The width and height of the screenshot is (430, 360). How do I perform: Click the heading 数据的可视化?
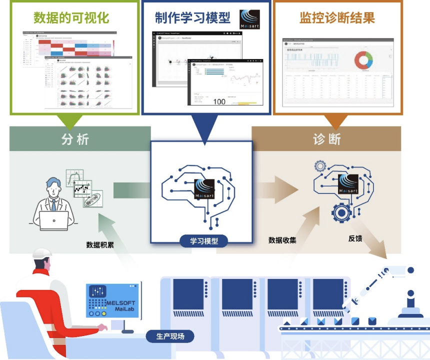click(x=71, y=19)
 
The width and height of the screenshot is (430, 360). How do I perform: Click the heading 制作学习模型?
click(x=192, y=19)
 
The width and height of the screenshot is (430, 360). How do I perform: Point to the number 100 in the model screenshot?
click(x=219, y=101)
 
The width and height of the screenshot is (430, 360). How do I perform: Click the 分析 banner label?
click(x=75, y=139)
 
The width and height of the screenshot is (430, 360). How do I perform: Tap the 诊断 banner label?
click(x=327, y=139)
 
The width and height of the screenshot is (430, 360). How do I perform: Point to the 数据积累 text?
click(x=100, y=245)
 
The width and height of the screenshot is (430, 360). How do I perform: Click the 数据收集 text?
click(x=282, y=240)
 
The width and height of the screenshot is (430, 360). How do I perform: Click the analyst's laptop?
click(x=54, y=220)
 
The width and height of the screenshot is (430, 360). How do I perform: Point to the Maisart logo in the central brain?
click(x=204, y=188)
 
